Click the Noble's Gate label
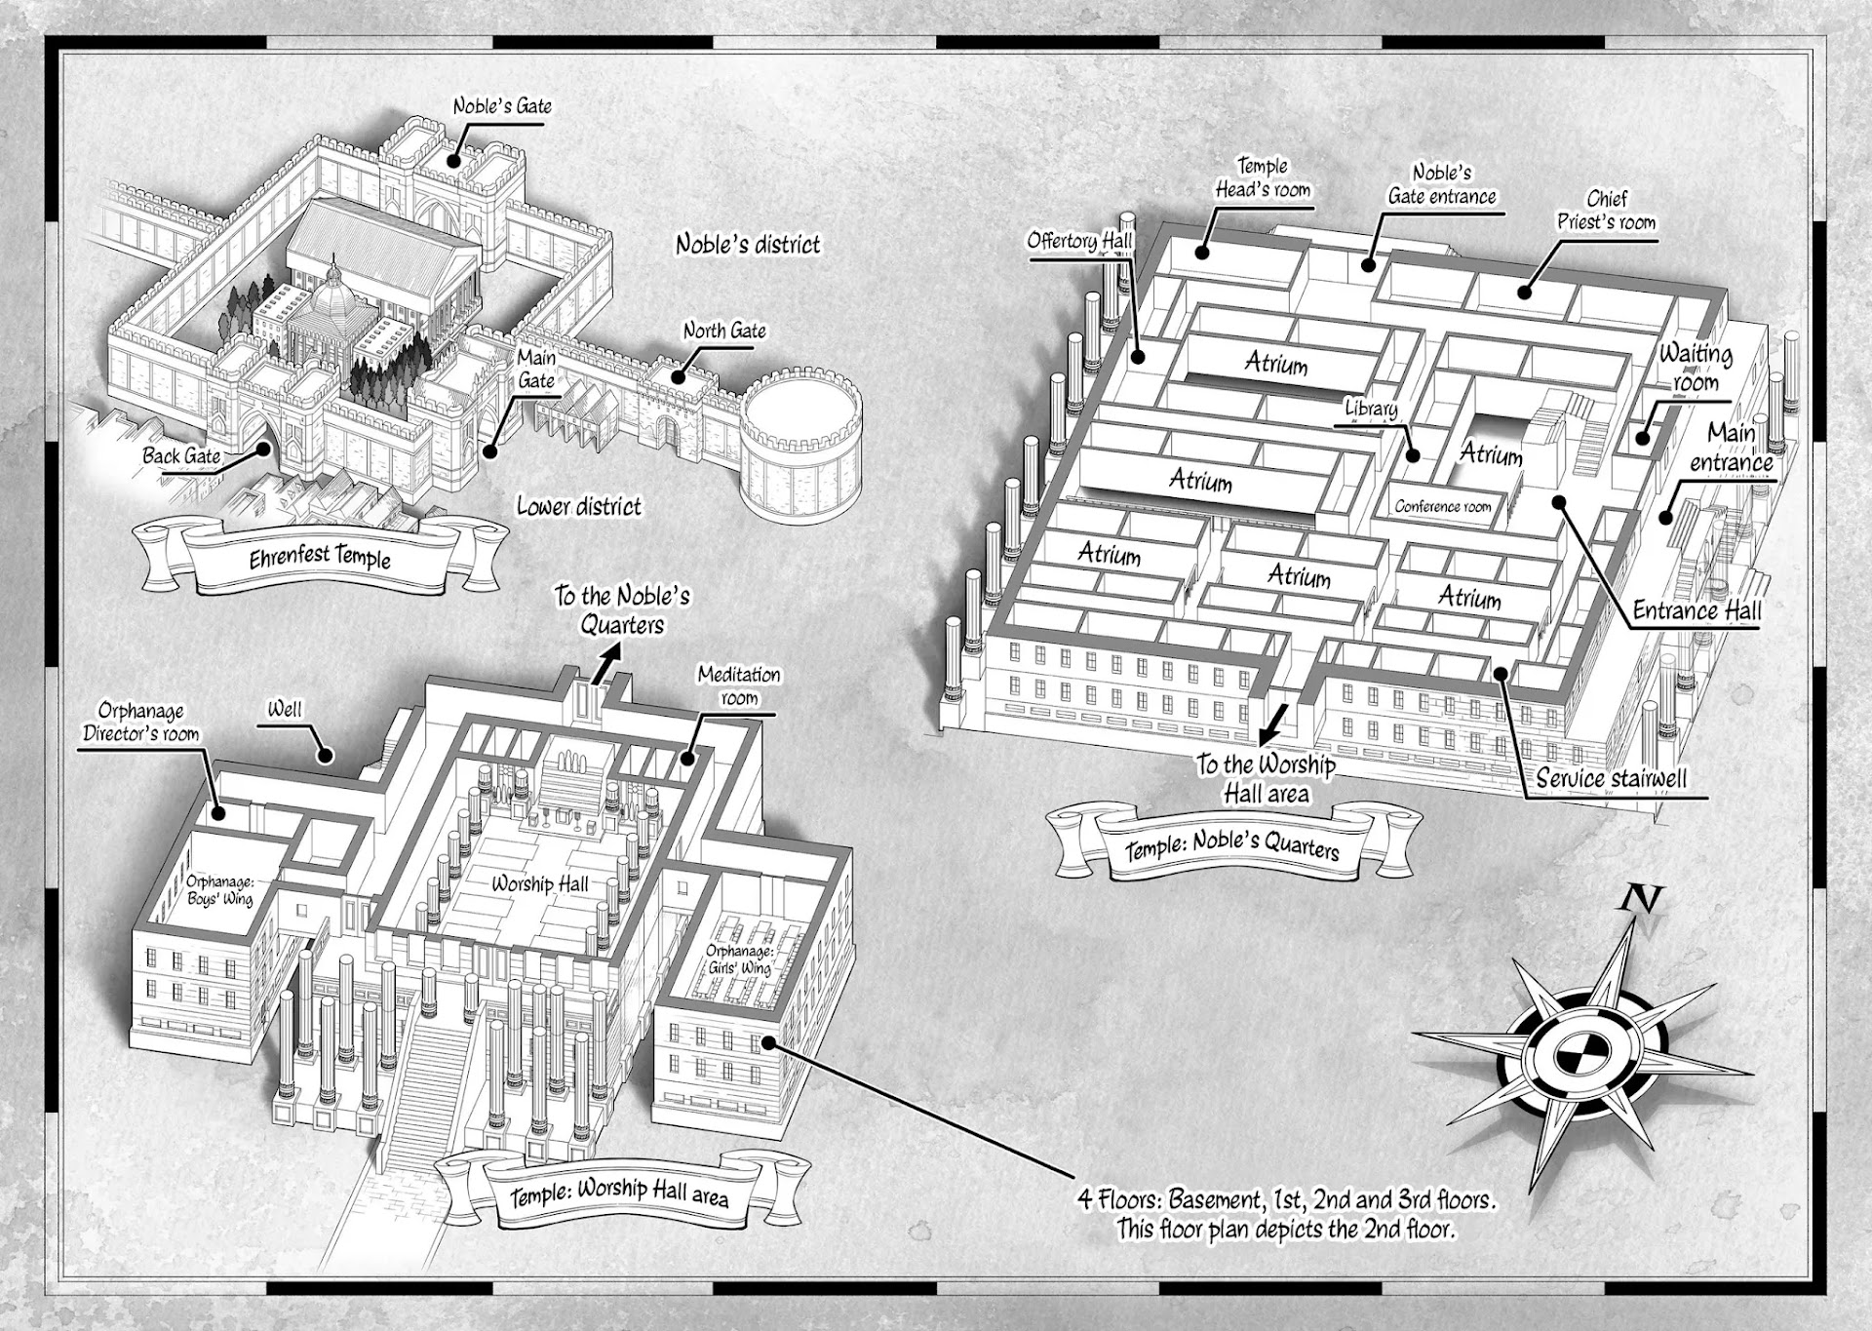[x=502, y=105]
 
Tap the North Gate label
[x=724, y=331]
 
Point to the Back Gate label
[x=181, y=455]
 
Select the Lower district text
[x=579, y=506]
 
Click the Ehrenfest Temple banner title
[x=320, y=558]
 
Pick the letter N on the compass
[x=1640, y=898]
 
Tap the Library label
[x=1371, y=409]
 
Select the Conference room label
[x=1443, y=506]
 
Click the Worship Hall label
[x=540, y=883]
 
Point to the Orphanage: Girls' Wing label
[x=740, y=959]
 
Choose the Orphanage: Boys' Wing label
[x=219, y=890]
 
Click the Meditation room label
[x=739, y=685]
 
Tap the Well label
[x=285, y=709]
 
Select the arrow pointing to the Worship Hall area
[x=1270, y=725]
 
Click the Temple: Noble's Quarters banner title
[x=1232, y=846]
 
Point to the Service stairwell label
[x=1611, y=778]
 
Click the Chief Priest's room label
[x=1607, y=210]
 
